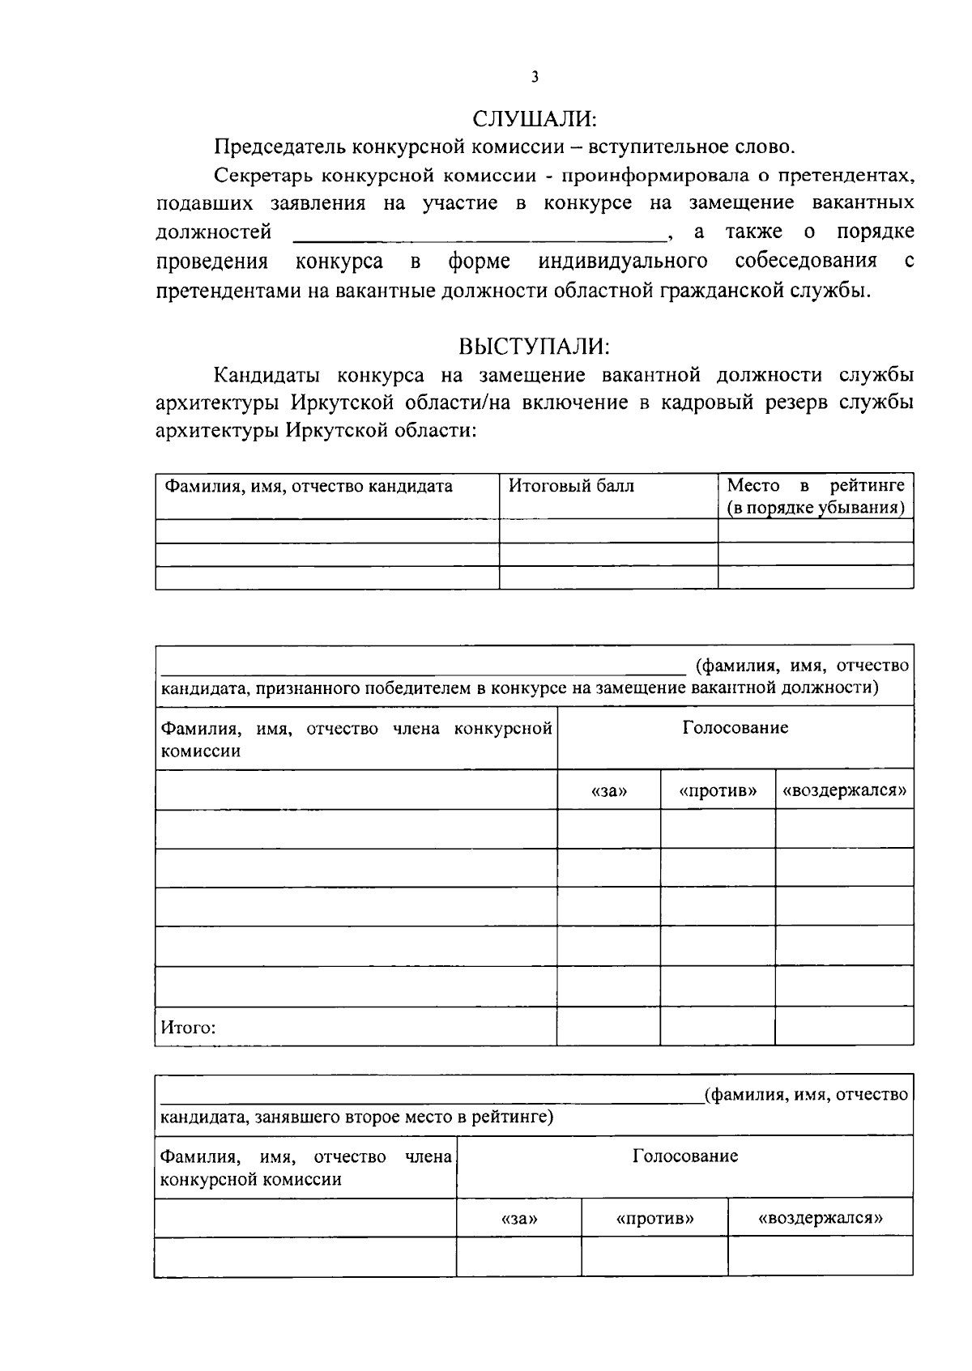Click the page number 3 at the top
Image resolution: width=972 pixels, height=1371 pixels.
tap(535, 78)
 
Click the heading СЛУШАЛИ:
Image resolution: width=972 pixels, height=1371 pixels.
tap(535, 119)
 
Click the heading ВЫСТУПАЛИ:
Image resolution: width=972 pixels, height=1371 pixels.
tap(535, 347)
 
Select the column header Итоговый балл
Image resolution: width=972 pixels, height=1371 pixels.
tap(571, 487)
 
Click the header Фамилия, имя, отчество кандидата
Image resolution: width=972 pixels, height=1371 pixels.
tap(309, 487)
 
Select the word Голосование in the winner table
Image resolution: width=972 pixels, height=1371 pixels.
tap(735, 728)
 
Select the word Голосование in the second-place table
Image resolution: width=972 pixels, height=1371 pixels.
tap(684, 1156)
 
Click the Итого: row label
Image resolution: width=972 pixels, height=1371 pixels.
tap(188, 1028)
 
